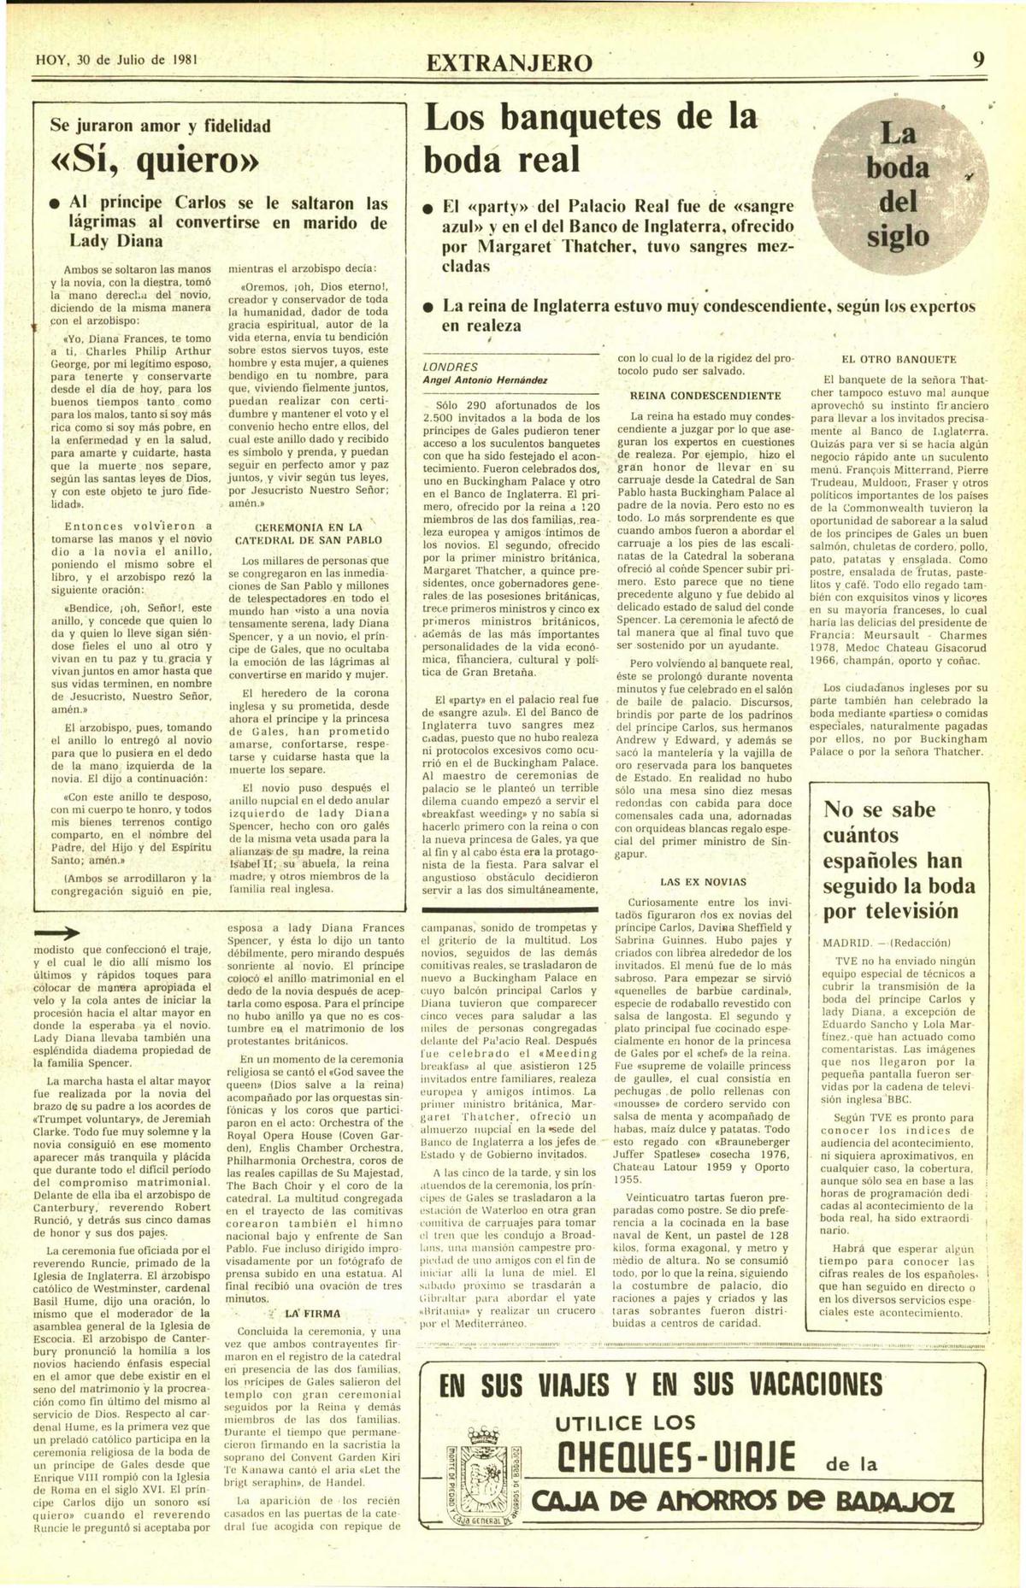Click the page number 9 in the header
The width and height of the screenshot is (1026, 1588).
pos(978,60)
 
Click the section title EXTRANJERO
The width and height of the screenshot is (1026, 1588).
pos(509,62)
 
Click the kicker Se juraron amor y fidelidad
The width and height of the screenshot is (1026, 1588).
pos(160,126)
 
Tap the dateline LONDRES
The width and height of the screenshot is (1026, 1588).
pos(451,367)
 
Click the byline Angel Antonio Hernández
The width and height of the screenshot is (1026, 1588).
pos(485,379)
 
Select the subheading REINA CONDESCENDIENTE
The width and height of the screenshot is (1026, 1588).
pos(705,396)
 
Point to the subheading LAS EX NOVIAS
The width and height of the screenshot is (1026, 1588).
pos(703,881)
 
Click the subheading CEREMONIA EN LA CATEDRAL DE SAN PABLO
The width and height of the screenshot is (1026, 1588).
pos(309,533)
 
